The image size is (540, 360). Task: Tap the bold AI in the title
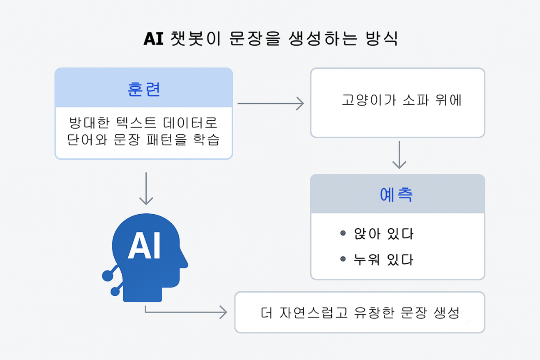click(x=153, y=39)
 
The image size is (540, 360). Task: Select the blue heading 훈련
click(x=144, y=90)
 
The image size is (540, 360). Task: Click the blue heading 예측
click(x=396, y=194)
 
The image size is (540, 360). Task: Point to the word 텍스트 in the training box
click(x=136, y=122)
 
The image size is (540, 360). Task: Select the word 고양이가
click(x=369, y=100)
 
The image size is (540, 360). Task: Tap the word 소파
click(x=415, y=100)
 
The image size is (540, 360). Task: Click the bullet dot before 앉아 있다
click(x=343, y=233)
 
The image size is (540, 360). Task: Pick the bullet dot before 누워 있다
click(x=343, y=259)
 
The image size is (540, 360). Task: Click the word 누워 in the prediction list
click(x=367, y=260)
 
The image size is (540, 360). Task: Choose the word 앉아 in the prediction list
click(x=367, y=234)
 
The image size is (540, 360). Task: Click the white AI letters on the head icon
click(x=144, y=245)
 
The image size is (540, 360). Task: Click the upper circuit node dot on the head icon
click(x=107, y=275)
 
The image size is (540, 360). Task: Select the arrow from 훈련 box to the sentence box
click(x=270, y=103)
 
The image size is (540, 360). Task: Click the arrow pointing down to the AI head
click(x=146, y=189)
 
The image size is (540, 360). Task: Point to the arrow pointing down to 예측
click(x=399, y=155)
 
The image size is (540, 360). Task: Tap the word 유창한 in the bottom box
click(x=374, y=312)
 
